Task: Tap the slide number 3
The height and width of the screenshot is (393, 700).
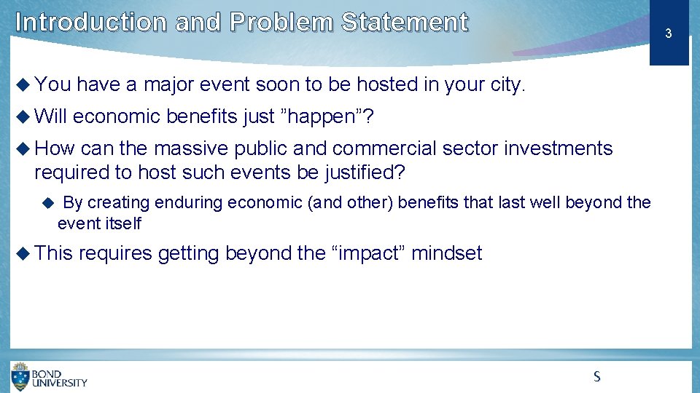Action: [x=668, y=33]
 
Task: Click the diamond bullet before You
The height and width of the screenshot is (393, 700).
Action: [x=23, y=85]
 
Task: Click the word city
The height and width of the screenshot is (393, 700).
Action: [x=507, y=85]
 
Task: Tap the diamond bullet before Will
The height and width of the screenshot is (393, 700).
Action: [x=23, y=116]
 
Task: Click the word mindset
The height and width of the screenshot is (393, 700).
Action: [x=447, y=253]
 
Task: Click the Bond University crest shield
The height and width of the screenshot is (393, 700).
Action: [x=20, y=377]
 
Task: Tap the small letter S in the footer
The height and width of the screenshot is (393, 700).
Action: [x=596, y=376]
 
